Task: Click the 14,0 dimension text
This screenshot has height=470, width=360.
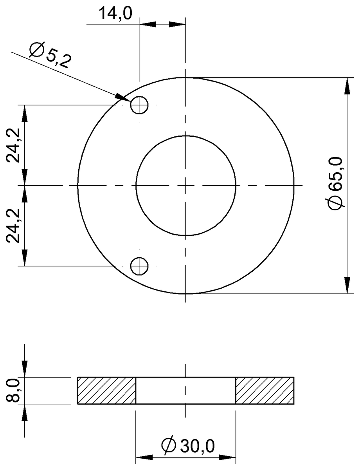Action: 115,14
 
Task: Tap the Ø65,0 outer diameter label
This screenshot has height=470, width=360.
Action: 337,183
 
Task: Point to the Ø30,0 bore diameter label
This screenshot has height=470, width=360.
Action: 188,445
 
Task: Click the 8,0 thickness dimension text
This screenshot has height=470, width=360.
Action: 14,390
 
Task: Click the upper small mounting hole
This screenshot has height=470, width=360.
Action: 139,105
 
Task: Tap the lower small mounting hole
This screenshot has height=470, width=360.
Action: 139,266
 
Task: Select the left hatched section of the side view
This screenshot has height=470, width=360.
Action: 106,390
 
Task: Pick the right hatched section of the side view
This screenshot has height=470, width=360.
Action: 265,390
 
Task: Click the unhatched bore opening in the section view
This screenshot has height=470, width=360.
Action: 186,390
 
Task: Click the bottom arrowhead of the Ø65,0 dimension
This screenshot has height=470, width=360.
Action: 347,286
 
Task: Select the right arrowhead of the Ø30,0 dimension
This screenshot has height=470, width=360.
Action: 228,457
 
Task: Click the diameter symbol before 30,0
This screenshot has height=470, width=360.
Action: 168,446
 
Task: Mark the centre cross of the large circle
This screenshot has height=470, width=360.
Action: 186,185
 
